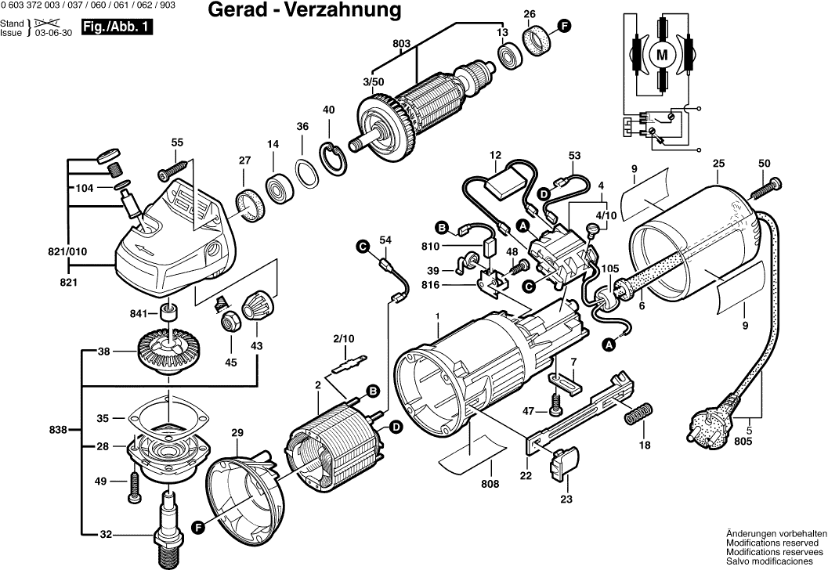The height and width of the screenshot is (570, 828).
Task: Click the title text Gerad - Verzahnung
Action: [305, 10]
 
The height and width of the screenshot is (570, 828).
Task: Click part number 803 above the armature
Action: [402, 42]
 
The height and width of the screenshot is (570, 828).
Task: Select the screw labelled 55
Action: [173, 168]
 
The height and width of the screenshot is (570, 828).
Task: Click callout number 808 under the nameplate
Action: [490, 485]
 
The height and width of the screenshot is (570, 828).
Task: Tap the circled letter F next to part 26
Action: [564, 27]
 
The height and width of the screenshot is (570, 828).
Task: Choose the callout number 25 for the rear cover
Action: [718, 164]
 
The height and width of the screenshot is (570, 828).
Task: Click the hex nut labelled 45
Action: [231, 319]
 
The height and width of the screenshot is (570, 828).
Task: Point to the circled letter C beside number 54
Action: [363, 247]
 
